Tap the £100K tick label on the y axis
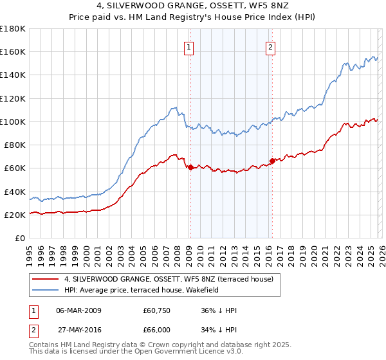(x=13, y=122)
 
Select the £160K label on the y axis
(x=13, y=52)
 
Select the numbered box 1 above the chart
(x=189, y=47)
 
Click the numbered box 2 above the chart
(x=271, y=47)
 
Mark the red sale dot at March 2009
(x=190, y=167)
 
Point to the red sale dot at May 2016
(x=272, y=161)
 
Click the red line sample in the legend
(x=46, y=279)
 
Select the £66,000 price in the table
(x=156, y=329)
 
